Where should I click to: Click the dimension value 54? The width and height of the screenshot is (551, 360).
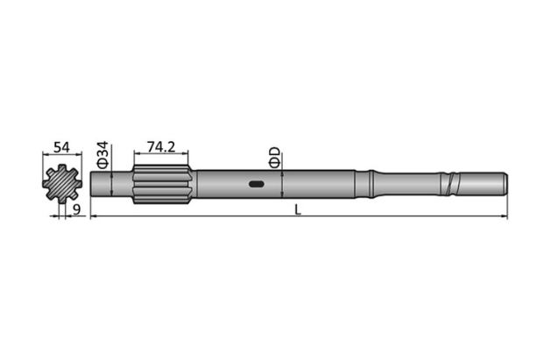coord(61,147)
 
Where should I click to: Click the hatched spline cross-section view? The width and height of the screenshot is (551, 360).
coord(60,185)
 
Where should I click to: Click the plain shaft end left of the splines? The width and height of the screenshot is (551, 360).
coord(111,185)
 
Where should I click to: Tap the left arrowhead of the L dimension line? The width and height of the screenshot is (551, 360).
coord(94,215)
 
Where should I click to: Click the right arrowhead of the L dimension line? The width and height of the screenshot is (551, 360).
coord(505,215)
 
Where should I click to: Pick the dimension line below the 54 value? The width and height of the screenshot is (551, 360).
coord(61,156)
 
